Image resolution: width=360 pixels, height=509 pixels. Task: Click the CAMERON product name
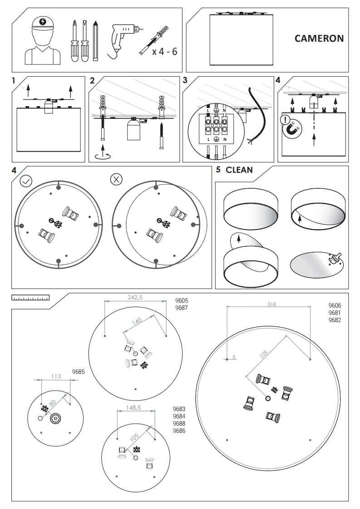click(x=319, y=38)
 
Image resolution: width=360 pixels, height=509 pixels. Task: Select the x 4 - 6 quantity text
click(x=164, y=51)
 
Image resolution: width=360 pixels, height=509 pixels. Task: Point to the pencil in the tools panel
click(x=95, y=41)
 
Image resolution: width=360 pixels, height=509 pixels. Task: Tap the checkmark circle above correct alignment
click(x=26, y=181)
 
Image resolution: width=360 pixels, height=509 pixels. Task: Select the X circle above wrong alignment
click(x=116, y=179)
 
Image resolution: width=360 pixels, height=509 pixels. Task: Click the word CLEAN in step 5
click(x=239, y=170)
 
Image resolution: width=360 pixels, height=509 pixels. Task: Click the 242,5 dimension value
click(x=135, y=298)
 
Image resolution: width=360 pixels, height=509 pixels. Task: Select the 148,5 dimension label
click(x=133, y=408)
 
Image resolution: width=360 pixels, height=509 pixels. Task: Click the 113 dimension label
click(x=55, y=376)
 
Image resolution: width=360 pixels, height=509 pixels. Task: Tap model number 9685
click(x=79, y=372)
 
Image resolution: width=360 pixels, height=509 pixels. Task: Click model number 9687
click(x=182, y=308)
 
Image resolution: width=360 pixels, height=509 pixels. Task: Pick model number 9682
click(x=335, y=320)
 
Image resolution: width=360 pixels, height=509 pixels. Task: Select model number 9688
click(x=179, y=424)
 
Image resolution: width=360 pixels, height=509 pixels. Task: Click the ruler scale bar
click(x=30, y=298)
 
